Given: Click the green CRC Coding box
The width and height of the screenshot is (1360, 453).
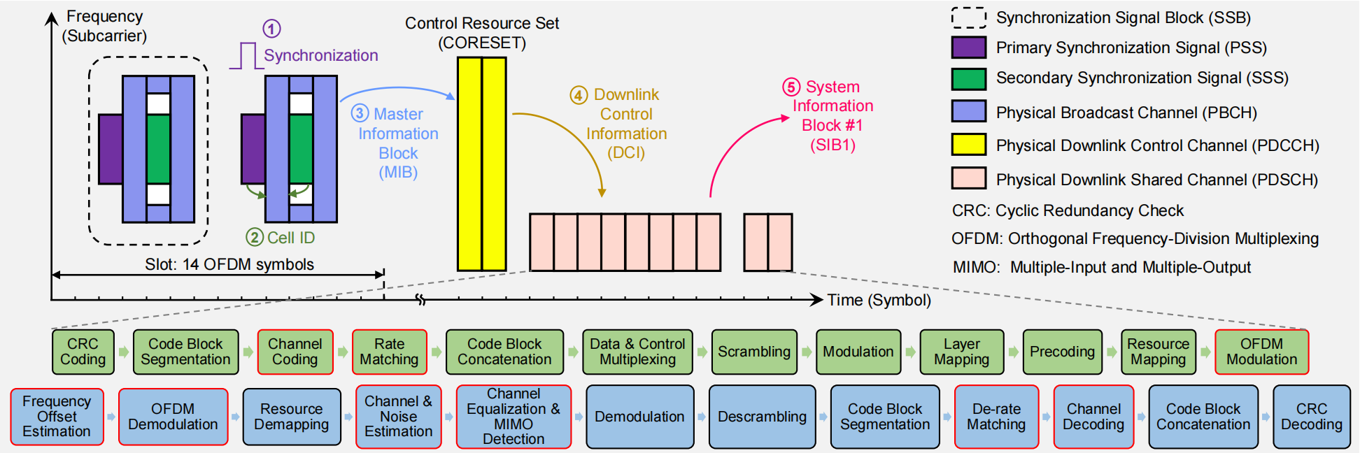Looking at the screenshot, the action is [83, 352].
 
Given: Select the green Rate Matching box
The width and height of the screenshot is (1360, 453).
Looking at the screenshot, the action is [390, 352].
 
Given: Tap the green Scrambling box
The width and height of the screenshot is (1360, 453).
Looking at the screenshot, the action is [754, 352].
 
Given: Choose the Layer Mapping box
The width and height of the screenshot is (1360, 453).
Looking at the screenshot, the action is [962, 352].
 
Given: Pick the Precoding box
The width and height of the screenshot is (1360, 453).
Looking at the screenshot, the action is [1063, 352].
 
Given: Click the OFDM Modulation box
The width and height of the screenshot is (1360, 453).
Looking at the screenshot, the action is [1262, 352].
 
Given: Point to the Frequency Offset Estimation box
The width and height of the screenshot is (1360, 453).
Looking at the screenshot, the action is [57, 417].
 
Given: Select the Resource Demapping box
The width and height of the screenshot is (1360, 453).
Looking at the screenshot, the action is [292, 417].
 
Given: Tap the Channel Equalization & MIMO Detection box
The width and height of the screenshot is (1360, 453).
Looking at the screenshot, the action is [513, 417].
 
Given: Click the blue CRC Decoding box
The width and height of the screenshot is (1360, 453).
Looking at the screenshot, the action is [1312, 417].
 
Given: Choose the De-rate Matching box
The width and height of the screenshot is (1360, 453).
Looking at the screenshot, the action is [997, 417].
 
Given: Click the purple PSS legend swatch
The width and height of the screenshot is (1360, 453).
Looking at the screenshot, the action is [969, 48].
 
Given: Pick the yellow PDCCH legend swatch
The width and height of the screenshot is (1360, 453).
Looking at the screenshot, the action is [969, 145].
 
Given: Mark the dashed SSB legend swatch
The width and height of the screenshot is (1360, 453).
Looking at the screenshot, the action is [969, 17].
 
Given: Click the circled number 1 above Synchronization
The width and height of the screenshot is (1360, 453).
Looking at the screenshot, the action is [271, 29].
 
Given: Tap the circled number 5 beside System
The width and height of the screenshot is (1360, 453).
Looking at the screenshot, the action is [791, 87].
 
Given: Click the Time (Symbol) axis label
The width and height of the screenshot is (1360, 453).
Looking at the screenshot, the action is [879, 300].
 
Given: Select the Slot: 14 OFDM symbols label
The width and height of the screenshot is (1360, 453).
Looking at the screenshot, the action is [229, 264].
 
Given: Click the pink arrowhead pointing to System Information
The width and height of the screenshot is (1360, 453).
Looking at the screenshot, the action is [785, 119].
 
